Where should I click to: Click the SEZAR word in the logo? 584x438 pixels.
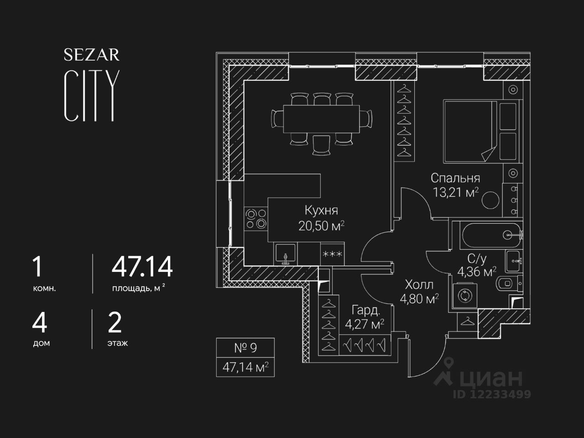(x=92, y=55)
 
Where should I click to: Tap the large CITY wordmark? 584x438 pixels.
(x=92, y=96)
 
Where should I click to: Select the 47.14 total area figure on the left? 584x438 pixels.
(x=142, y=267)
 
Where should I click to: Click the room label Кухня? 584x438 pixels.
(x=321, y=210)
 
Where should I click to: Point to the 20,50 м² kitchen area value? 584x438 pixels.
(x=321, y=225)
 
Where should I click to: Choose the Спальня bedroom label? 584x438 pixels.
(x=455, y=178)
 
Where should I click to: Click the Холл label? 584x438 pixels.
(x=419, y=285)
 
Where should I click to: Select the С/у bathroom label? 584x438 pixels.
(x=477, y=259)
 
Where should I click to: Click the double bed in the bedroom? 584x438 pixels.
(x=470, y=131)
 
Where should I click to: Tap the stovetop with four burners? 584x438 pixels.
(x=255, y=218)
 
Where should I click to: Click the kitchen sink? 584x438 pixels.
(x=285, y=254)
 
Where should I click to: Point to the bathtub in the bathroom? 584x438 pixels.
(x=490, y=235)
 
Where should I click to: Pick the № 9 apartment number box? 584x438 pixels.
(x=245, y=348)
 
